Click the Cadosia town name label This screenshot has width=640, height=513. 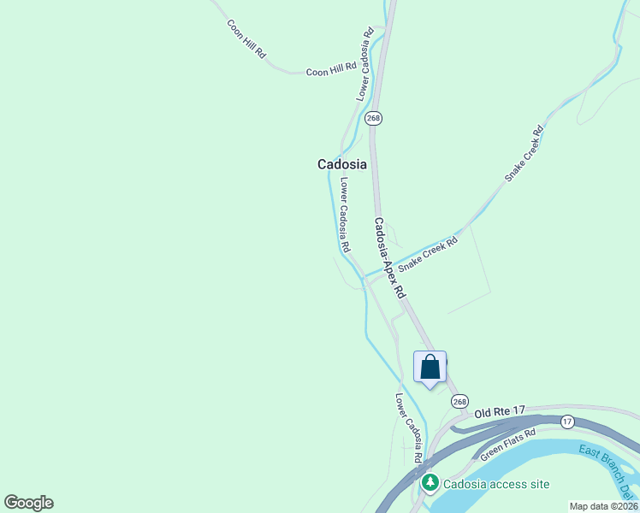point(341,164)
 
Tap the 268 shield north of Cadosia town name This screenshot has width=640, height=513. point(373,118)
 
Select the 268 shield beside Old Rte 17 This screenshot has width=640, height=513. point(460,402)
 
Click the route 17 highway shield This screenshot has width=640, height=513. point(566,422)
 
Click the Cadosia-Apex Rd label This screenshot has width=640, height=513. point(388,256)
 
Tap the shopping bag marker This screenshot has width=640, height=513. point(430,367)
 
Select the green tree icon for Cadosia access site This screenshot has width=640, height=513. point(430,484)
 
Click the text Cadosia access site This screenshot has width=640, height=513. point(496,484)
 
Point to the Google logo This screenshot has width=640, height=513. point(28,503)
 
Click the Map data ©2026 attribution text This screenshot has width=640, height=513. point(604,506)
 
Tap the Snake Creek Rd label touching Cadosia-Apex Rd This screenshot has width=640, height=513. point(428,255)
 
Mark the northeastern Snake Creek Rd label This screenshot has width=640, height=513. point(524,154)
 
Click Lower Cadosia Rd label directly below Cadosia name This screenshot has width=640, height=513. point(344,214)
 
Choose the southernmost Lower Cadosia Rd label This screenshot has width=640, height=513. point(408,427)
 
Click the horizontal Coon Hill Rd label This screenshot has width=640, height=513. point(331,72)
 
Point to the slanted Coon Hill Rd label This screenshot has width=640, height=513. point(246,38)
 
